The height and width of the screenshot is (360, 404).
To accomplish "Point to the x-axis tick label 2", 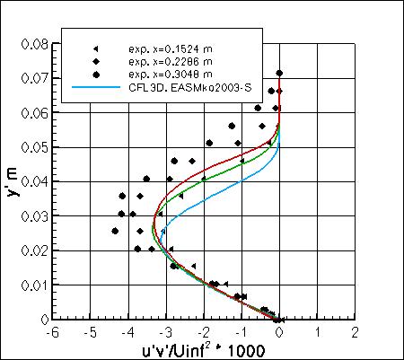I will click(356, 332).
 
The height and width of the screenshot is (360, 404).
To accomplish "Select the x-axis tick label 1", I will click(319, 332).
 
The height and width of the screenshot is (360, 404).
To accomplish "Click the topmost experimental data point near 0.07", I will click(279, 74).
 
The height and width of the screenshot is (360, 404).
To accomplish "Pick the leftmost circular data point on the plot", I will click(115, 231).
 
